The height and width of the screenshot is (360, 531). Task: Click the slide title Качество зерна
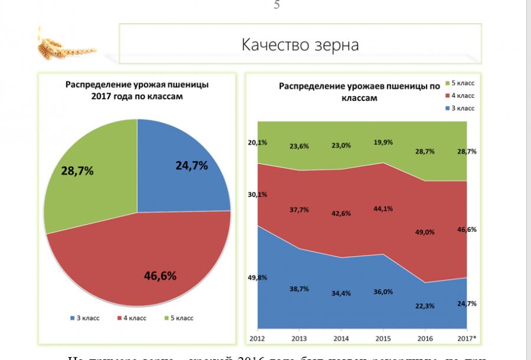[300, 45]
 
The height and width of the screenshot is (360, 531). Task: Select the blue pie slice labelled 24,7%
[183, 171]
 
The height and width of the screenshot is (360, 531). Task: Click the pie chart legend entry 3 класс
[85, 318]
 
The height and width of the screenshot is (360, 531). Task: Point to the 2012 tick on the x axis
[258, 339]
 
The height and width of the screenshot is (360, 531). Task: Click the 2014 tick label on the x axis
[342, 339]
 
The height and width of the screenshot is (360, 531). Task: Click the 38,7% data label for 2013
[300, 289]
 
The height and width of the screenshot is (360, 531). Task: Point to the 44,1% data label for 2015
[383, 208]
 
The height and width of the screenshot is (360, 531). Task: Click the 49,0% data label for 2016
[425, 232]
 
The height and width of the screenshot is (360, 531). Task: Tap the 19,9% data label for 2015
[383, 142]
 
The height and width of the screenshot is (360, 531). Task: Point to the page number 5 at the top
[277, 6]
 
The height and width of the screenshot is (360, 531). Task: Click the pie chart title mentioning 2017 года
[137, 90]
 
